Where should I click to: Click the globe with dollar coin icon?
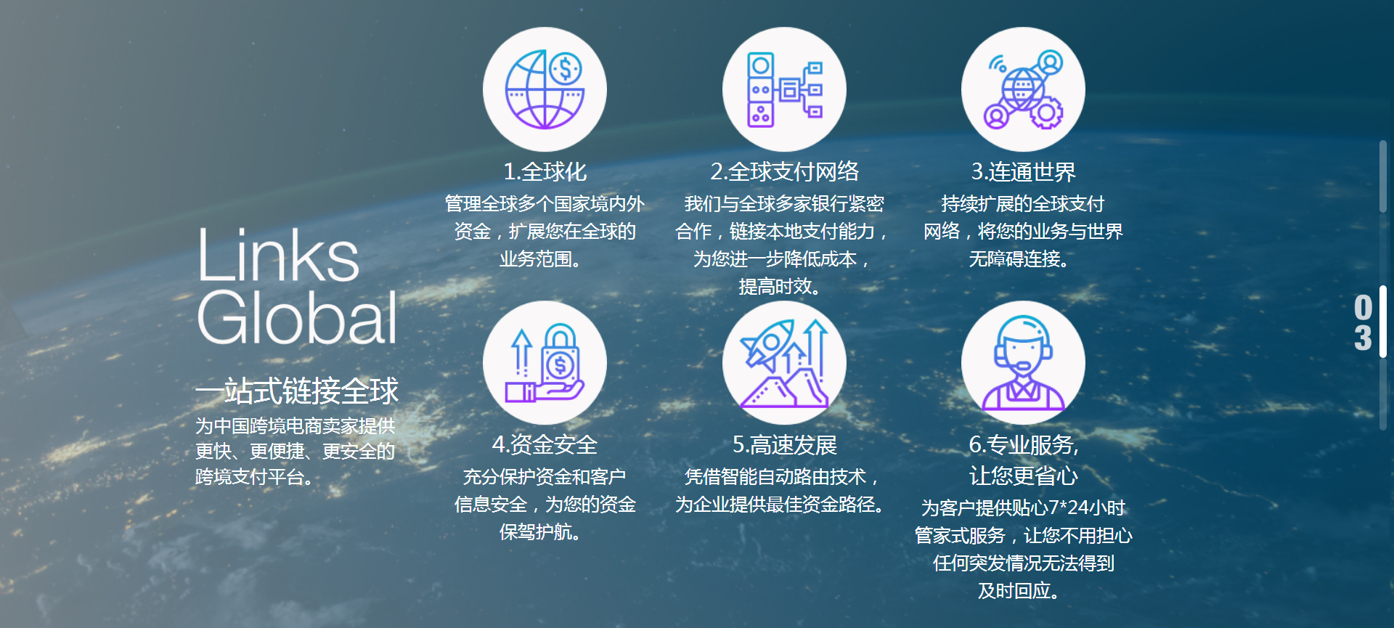tap(545, 89)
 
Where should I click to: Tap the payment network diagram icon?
tap(784, 89)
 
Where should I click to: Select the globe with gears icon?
tap(1023, 89)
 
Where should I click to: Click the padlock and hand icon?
tap(545, 362)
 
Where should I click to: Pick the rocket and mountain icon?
tap(784, 362)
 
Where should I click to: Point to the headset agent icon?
tap(1023, 362)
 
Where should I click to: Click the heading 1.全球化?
tap(545, 171)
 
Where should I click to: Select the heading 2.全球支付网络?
tap(784, 171)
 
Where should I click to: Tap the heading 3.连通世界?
tap(1023, 171)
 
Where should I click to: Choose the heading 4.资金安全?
tap(545, 444)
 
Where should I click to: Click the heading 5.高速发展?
tap(784, 444)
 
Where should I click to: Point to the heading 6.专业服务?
tap(1023, 444)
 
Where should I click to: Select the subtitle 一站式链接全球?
tap(296, 391)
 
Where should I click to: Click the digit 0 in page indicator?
tap(1363, 307)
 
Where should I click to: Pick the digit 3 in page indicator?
tap(1363, 338)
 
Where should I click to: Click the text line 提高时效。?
tap(779, 287)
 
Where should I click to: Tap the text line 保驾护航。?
tap(540, 532)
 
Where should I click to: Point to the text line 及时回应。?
tap(1019, 591)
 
